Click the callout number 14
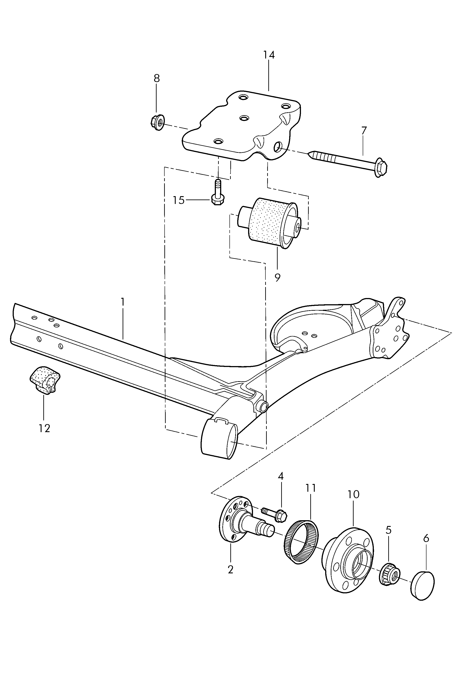click(x=269, y=55)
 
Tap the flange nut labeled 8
click(x=157, y=122)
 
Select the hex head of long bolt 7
click(x=380, y=169)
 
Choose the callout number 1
click(x=123, y=302)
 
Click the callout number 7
click(x=364, y=130)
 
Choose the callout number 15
click(x=178, y=200)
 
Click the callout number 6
click(x=426, y=538)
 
